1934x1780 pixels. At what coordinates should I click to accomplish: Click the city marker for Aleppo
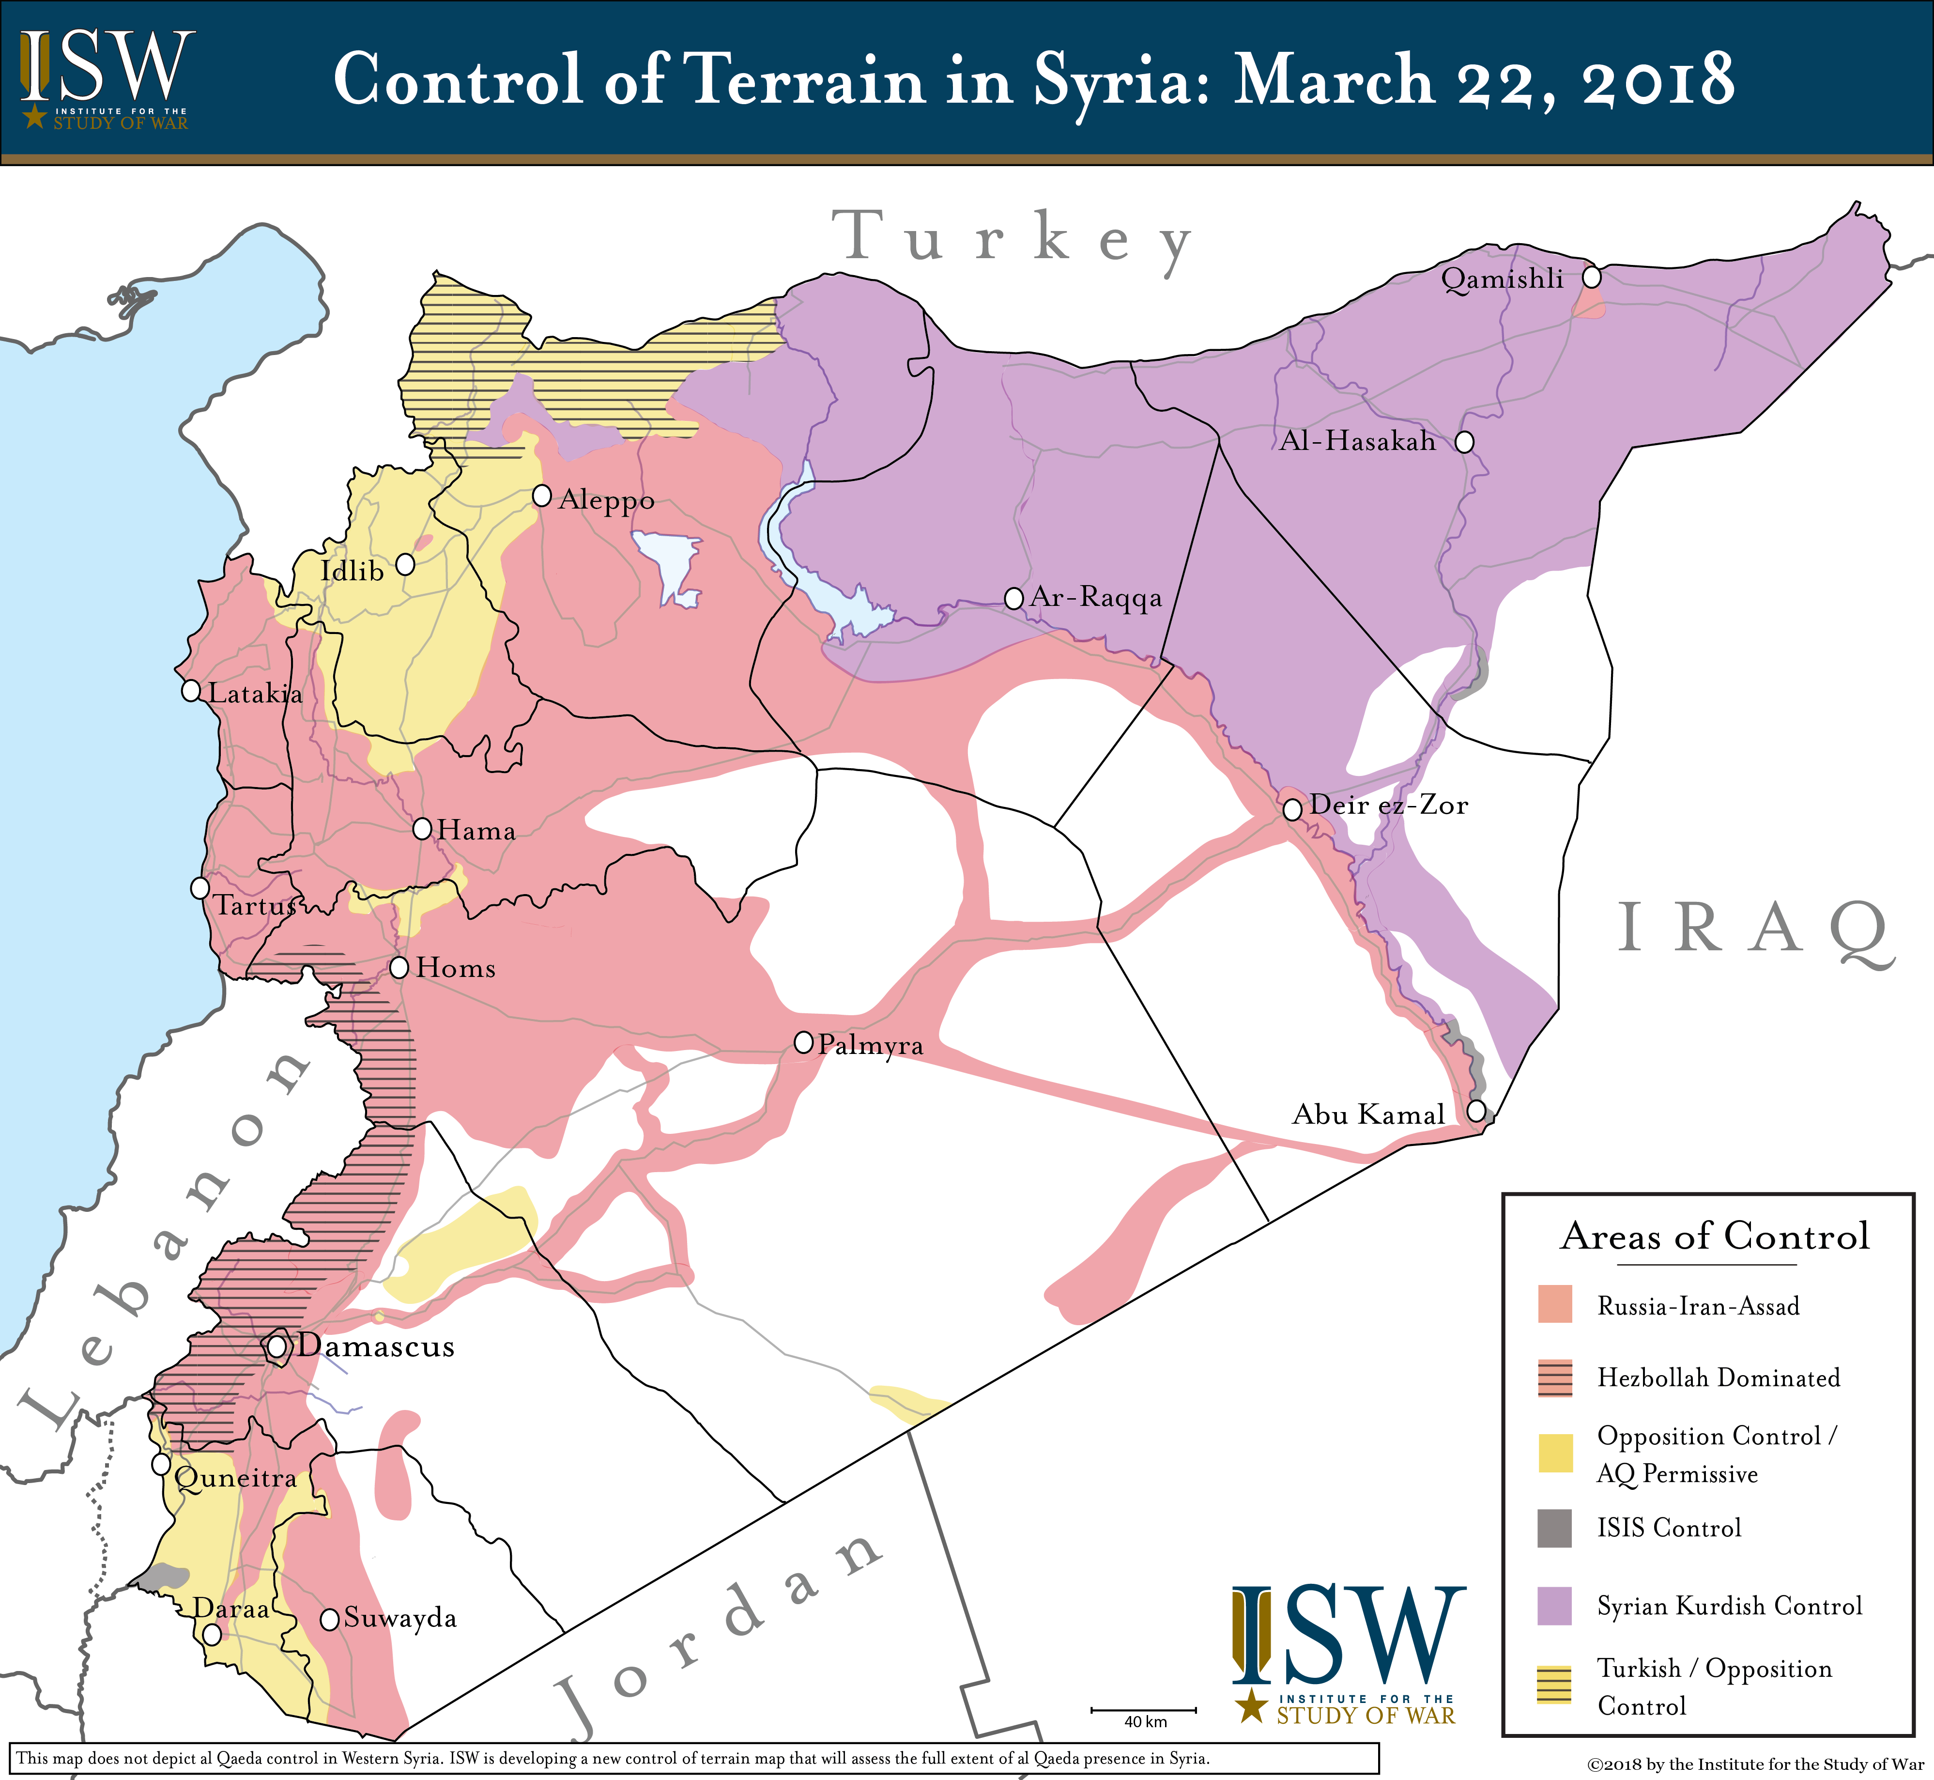click(542, 496)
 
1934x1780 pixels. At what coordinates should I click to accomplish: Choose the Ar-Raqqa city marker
click(1013, 598)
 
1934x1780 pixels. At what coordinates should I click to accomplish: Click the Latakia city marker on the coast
click(191, 691)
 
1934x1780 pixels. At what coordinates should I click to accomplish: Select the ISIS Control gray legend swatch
click(1554, 1528)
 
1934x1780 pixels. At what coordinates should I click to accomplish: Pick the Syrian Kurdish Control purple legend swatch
click(1554, 1606)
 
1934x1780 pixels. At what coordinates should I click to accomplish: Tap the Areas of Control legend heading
click(1714, 1236)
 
